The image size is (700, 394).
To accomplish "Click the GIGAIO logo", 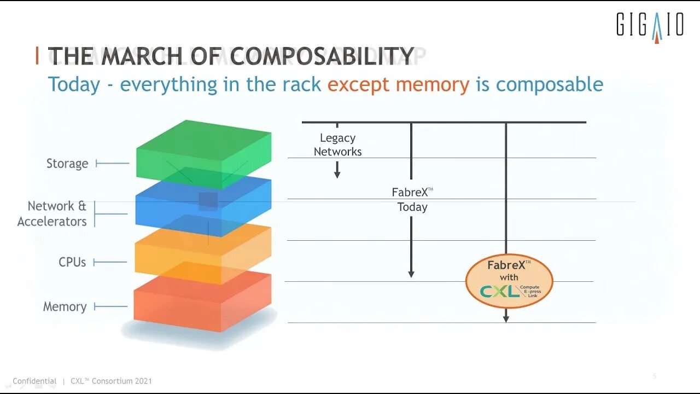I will (650, 26).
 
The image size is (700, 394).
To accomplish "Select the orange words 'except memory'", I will (398, 85).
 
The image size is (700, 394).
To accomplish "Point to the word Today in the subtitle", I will (74, 85).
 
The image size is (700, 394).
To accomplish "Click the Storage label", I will (67, 164).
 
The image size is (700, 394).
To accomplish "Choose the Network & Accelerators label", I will (52, 213).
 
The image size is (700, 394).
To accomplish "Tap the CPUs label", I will (72, 262).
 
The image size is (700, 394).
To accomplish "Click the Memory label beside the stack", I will (65, 306).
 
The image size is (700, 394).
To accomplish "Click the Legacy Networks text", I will (337, 144).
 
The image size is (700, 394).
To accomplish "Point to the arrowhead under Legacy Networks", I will (337, 174).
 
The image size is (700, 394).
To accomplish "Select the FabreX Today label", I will (412, 199).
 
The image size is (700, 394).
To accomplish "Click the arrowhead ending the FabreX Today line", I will (411, 273).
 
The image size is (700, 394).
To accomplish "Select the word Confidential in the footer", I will (34, 381).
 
